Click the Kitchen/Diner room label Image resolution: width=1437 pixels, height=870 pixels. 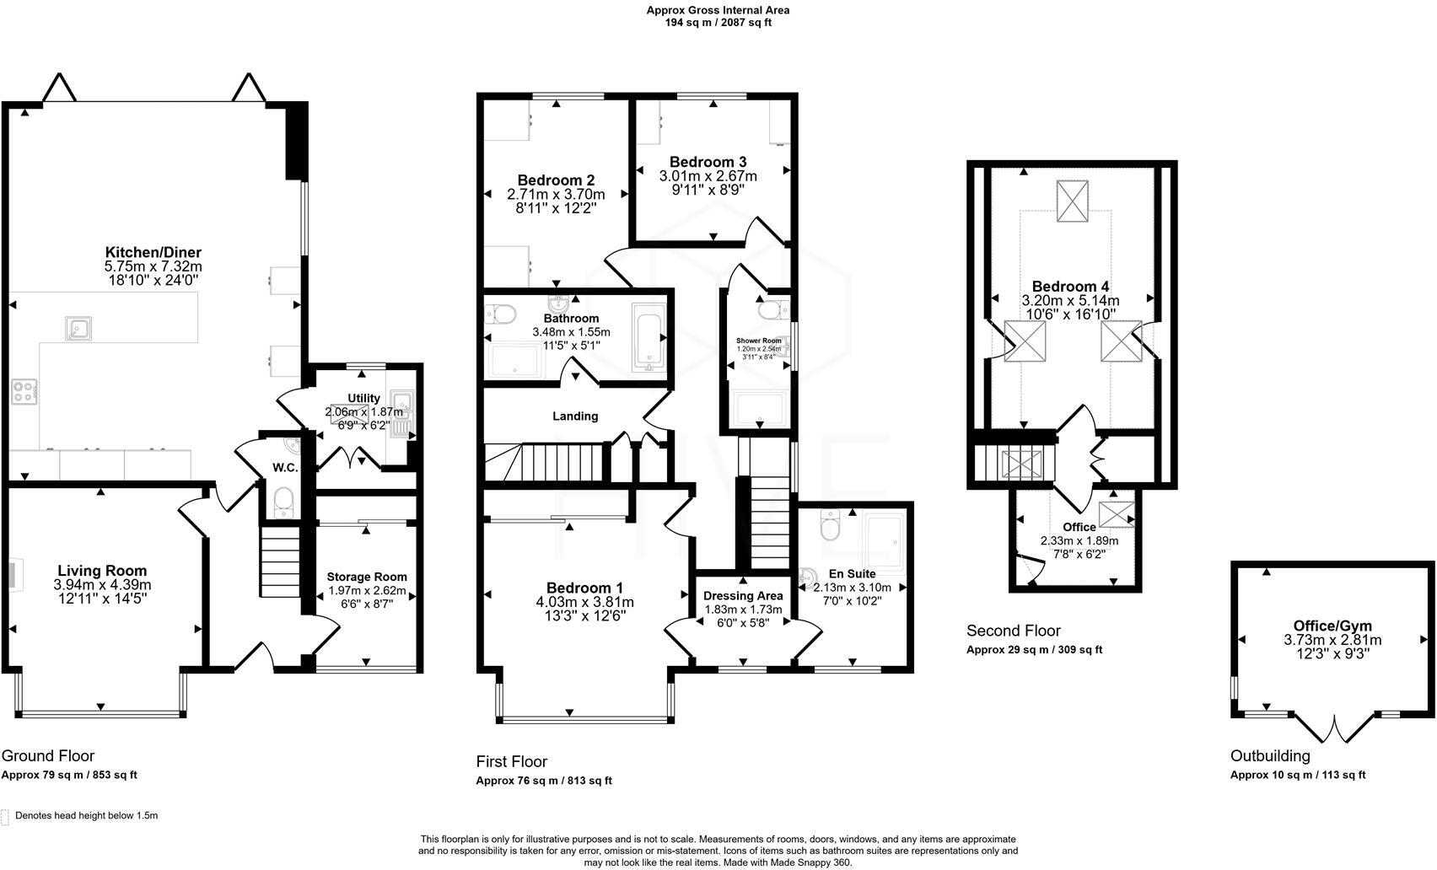coord(153,252)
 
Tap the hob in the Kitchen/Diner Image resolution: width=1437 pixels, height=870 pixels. coord(24,391)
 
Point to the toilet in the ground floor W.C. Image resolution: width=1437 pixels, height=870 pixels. coord(284,502)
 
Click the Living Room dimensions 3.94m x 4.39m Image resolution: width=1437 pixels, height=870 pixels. coord(102,584)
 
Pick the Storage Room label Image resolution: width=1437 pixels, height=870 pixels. coord(367,577)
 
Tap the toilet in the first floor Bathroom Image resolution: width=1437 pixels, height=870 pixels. coord(503,314)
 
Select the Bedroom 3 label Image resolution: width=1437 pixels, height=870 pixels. coord(708,162)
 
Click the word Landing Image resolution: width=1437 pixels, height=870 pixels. coord(575,416)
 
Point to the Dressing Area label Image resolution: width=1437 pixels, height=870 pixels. coord(743,596)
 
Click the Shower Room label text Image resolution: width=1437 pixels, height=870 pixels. coord(759,341)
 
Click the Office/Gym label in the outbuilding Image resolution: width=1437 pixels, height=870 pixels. coord(1332,626)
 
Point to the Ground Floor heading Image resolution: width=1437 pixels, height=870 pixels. coord(48,755)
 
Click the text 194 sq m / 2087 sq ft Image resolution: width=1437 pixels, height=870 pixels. coord(718,23)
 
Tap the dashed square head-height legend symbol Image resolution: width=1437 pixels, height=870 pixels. coord(6,816)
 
